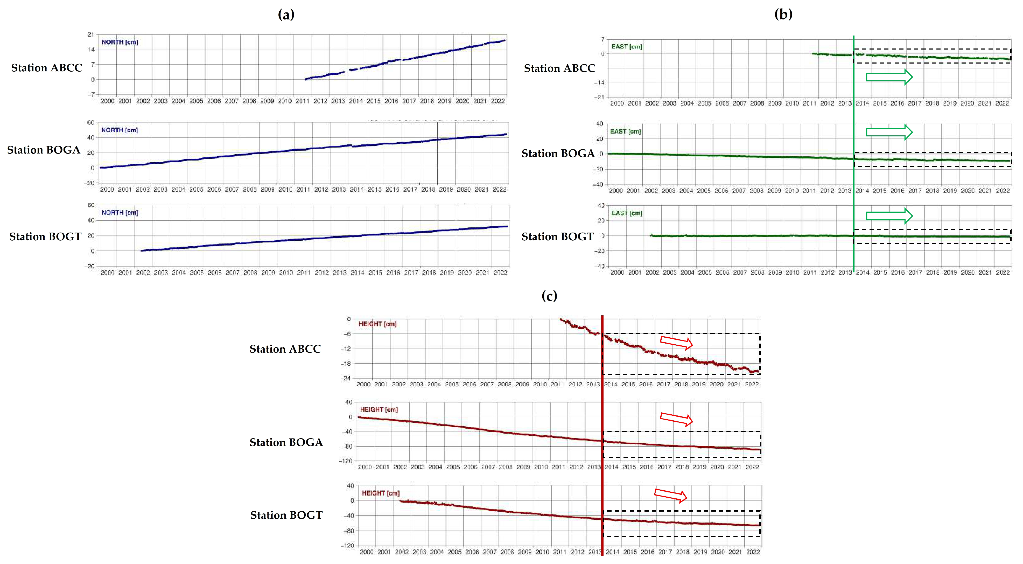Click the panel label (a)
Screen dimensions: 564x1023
pyautogui.click(x=286, y=15)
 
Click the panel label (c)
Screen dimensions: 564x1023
pyautogui.click(x=549, y=296)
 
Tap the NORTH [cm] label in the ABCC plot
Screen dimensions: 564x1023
pyautogui.click(x=120, y=42)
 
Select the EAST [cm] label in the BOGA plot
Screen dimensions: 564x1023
pyautogui.click(x=626, y=131)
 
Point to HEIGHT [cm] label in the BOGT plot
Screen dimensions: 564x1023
pyautogui.click(x=380, y=493)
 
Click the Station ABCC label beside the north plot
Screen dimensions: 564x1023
pyautogui.click(x=46, y=68)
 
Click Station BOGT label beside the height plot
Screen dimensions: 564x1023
pyautogui.click(x=286, y=515)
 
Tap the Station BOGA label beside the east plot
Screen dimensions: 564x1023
pyautogui.click(x=558, y=154)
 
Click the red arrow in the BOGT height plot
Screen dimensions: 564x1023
pyautogui.click(x=670, y=495)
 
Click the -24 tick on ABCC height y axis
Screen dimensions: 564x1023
pyautogui.click(x=346, y=378)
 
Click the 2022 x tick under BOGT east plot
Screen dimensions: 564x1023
pyautogui.click(x=1002, y=273)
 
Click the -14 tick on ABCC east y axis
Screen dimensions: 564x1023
pyautogui.click(x=599, y=83)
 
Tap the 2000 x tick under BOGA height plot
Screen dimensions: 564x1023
pyautogui.click(x=365, y=467)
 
